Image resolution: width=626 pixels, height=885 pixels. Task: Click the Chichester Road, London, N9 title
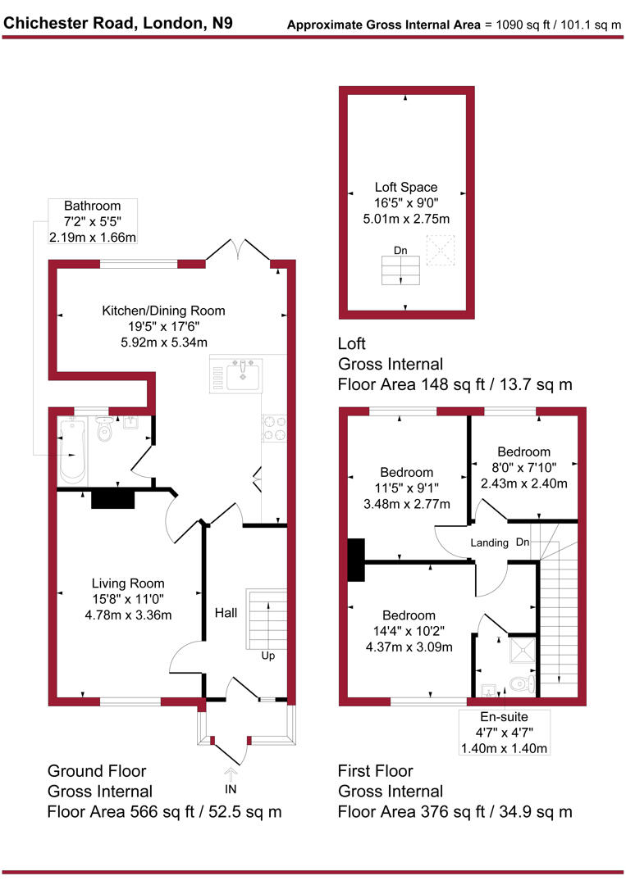(x=118, y=22)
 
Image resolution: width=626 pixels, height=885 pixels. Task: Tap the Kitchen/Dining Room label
(x=163, y=311)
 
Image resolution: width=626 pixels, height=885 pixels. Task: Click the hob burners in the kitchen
(x=273, y=428)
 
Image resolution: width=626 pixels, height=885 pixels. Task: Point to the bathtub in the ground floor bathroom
(x=72, y=451)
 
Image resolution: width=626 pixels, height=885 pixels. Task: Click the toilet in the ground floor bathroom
(x=103, y=429)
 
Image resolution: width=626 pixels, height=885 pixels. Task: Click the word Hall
(x=226, y=613)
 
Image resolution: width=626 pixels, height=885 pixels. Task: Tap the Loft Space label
(x=406, y=187)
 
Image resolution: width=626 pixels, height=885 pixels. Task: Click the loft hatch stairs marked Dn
(x=401, y=270)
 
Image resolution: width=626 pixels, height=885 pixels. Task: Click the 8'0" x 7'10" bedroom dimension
(x=523, y=468)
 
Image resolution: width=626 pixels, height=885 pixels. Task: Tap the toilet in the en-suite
(x=521, y=683)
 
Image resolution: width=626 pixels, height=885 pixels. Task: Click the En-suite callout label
(x=505, y=732)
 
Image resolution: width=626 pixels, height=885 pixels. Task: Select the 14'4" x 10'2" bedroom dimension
(x=409, y=632)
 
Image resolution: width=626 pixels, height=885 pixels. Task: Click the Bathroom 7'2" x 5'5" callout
(x=92, y=221)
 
